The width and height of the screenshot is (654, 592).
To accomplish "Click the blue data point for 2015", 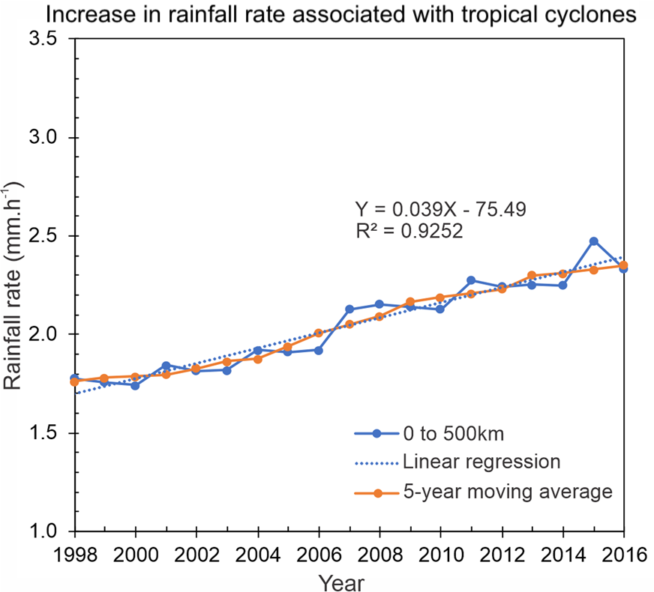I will [x=593, y=241].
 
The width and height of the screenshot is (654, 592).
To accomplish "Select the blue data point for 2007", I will [x=349, y=309].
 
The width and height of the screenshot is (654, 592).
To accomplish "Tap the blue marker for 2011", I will [x=471, y=280].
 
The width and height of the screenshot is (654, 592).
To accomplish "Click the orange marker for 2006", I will [x=319, y=333].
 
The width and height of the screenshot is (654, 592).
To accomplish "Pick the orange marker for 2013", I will [x=532, y=276].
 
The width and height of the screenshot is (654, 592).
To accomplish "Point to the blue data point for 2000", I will [x=135, y=385].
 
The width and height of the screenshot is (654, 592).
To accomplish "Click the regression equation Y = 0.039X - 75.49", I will [x=439, y=209].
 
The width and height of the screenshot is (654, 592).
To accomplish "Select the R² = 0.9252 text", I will [x=409, y=232].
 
